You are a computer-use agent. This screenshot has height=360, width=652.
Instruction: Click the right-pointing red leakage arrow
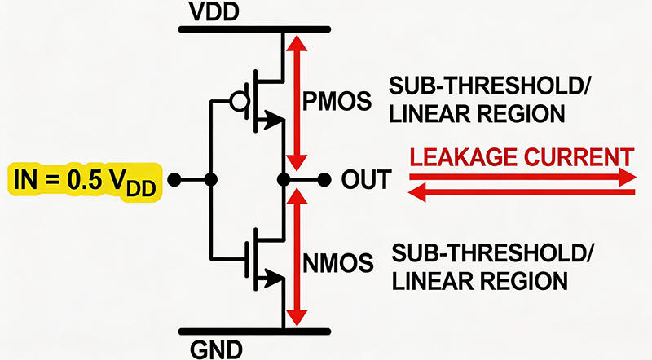(522, 176)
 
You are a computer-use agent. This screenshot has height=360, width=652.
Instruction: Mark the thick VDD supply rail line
(244, 30)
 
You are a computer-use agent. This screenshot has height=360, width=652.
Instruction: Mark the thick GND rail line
(244, 330)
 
